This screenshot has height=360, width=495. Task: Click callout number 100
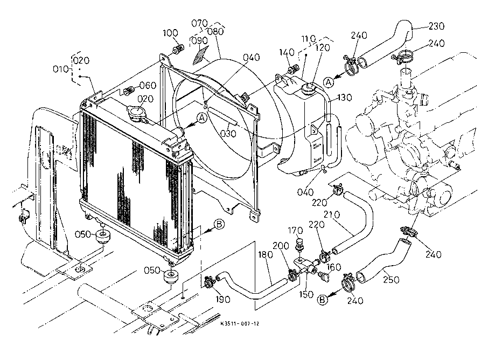coord(171,33)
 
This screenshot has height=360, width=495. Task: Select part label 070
coord(199,23)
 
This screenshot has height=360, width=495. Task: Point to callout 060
coord(148,85)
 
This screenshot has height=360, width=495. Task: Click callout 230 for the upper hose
coord(437,25)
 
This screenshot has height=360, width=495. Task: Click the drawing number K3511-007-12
coord(240,323)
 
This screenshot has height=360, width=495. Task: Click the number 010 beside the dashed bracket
coord(61,69)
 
